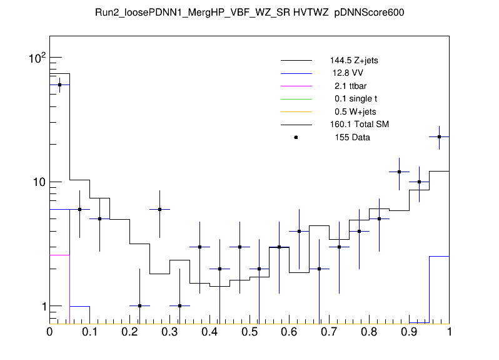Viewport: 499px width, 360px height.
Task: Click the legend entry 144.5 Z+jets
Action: point(354,61)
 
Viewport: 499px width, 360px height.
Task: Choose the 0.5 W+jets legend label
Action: point(351,111)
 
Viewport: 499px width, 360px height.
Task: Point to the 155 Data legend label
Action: point(350,137)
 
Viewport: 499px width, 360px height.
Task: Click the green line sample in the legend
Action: point(296,99)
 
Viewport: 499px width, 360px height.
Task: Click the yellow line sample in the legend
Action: point(296,111)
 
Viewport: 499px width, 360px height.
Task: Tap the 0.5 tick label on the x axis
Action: point(249,332)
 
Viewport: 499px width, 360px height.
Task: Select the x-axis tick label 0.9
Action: point(410,332)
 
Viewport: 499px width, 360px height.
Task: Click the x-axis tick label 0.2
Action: point(129,332)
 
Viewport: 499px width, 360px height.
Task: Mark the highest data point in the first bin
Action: point(59,85)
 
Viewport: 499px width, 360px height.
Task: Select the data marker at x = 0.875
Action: point(400,172)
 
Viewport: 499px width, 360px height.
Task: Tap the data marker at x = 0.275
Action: point(159,209)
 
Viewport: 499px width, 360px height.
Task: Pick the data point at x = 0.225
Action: point(139,306)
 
